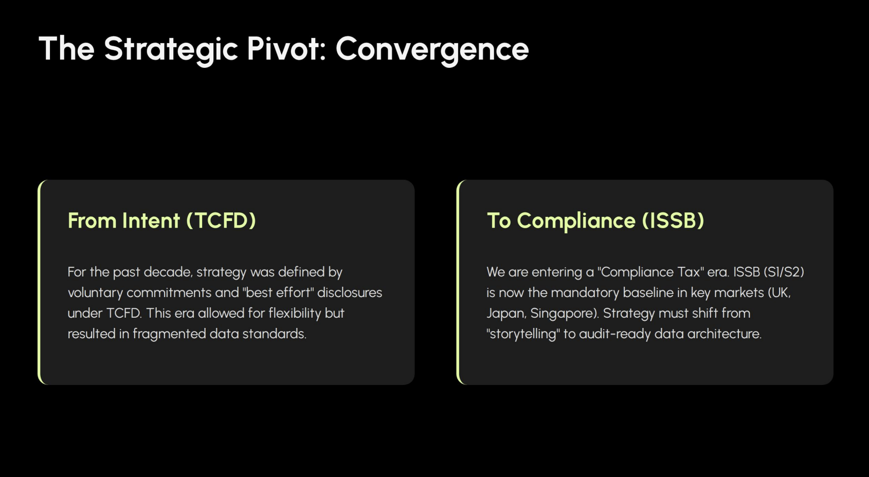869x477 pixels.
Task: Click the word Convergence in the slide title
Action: click(432, 50)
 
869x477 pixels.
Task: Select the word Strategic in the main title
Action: click(171, 50)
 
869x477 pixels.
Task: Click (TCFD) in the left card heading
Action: click(221, 221)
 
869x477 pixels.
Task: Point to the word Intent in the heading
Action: click(151, 221)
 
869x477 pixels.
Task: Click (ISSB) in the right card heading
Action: click(673, 221)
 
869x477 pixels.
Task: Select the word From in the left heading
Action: click(92, 221)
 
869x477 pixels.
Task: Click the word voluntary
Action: click(95, 293)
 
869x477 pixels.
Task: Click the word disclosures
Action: click(350, 292)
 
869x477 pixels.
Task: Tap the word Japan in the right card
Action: click(506, 314)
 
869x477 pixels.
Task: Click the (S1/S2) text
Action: click(784, 272)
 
